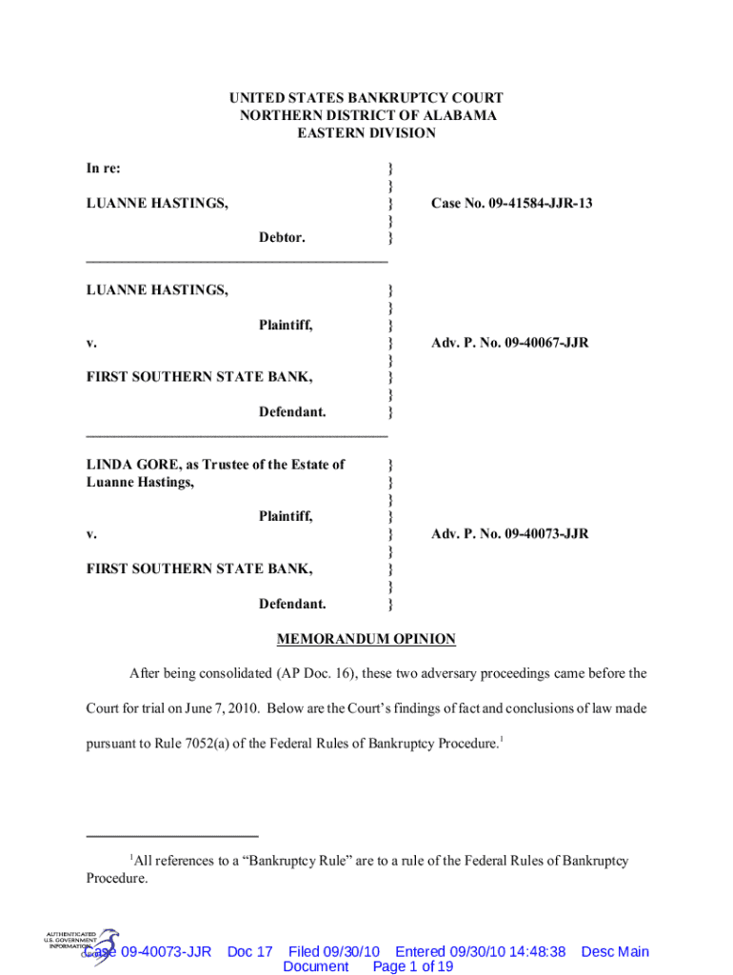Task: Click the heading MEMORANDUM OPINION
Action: pyautogui.click(x=366, y=639)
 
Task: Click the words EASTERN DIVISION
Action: pyautogui.click(x=366, y=133)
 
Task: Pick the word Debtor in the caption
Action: pyautogui.click(x=282, y=237)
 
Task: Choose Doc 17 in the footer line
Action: pyautogui.click(x=250, y=951)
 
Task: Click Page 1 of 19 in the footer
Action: pyautogui.click(x=413, y=966)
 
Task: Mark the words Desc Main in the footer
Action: pyautogui.click(x=615, y=951)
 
